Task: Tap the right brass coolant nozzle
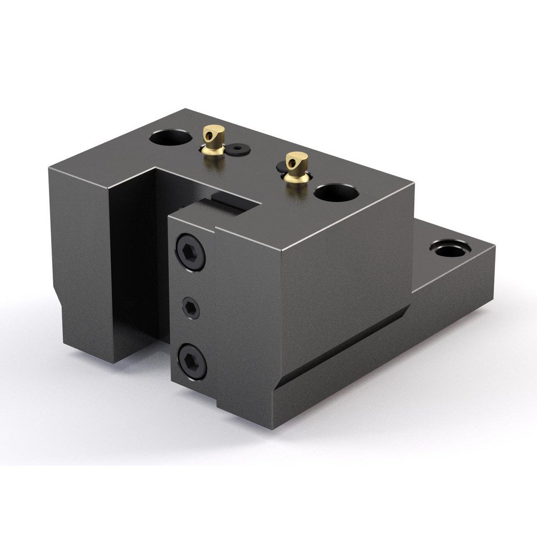point(295,167)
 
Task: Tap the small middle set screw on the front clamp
point(191,308)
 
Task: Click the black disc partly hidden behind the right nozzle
point(282,169)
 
